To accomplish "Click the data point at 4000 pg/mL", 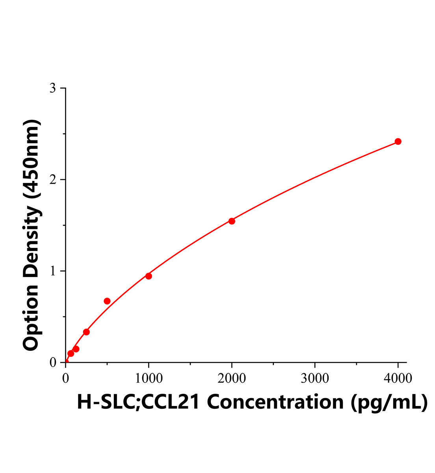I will [398, 142].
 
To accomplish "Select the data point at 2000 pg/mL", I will [232, 221].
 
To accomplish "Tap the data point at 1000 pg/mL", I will [149, 276].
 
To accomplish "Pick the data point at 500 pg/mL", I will [107, 301].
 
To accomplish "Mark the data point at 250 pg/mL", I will [86, 332].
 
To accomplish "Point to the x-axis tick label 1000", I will [149, 378].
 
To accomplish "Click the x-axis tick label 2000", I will [232, 378].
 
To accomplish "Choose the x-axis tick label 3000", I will [315, 378].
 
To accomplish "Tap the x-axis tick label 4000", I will [398, 378].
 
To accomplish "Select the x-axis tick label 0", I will [65, 378].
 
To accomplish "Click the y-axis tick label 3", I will [52, 88].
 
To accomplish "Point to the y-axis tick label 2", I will [52, 180].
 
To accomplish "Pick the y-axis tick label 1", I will [52, 271].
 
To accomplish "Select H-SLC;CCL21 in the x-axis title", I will [138, 402].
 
